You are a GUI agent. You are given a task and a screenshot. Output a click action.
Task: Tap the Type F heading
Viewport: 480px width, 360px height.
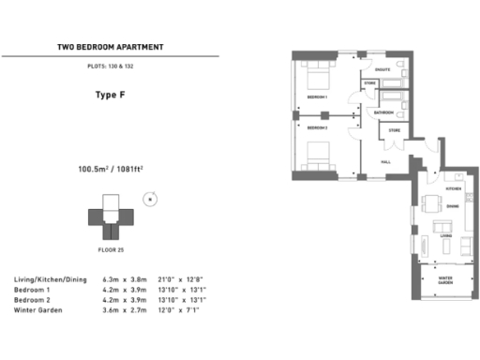(x=111, y=95)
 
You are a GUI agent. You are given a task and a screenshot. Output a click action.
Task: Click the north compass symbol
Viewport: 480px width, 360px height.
(x=147, y=199)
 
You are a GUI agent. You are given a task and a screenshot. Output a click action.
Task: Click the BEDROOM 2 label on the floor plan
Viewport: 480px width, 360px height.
(x=316, y=127)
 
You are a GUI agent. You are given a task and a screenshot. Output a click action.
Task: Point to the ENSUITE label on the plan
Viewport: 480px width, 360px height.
(x=382, y=69)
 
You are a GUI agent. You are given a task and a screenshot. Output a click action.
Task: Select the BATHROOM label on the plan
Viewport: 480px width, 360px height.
(x=382, y=112)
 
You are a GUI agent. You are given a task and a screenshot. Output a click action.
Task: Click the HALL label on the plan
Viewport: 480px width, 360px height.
(x=384, y=161)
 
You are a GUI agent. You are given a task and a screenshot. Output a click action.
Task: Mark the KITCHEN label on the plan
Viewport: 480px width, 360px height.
(x=453, y=188)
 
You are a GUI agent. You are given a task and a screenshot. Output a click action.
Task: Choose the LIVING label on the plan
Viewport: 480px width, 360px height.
(x=445, y=237)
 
